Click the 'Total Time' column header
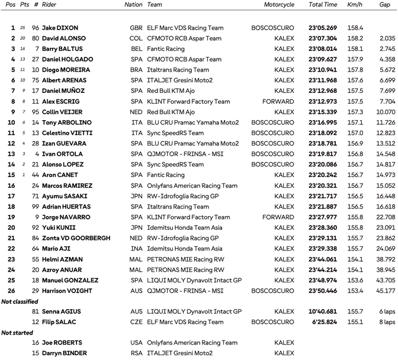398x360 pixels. [x=323, y=5]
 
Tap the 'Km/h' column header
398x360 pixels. [x=355, y=5]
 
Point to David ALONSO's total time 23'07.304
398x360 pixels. [x=323, y=38]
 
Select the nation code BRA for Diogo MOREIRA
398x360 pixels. [x=136, y=70]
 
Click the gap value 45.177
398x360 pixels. [x=386, y=291]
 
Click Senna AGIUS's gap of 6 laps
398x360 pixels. [x=386, y=312]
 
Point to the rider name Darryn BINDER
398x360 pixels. [x=68, y=354]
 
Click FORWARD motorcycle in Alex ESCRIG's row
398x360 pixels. [x=278, y=101]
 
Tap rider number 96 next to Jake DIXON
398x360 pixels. [x=36, y=28]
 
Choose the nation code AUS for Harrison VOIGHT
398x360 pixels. [x=136, y=291]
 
